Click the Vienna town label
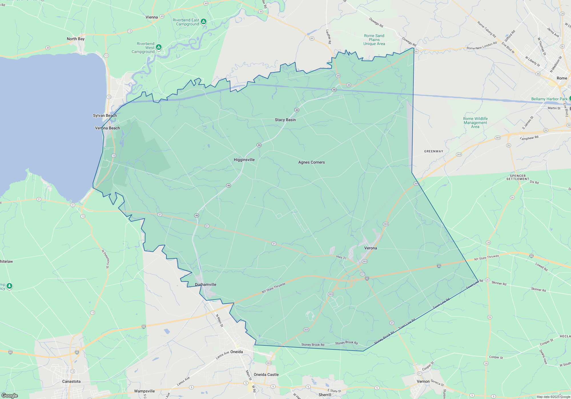point(152,17)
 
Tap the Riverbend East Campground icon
point(204,21)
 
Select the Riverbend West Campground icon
point(159,47)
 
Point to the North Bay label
point(76,39)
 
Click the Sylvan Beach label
point(105,115)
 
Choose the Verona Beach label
point(107,128)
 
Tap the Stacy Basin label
point(285,120)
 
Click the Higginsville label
point(244,160)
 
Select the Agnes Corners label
point(311,162)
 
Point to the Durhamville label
point(206,284)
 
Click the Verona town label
point(371,248)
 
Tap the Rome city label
point(562,78)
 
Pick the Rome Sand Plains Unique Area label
point(374,40)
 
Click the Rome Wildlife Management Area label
point(475,123)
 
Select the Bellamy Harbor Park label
point(549,99)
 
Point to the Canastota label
point(71,381)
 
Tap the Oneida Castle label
point(266,374)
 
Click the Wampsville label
point(144,391)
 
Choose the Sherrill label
point(325,395)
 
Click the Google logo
point(10,395)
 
